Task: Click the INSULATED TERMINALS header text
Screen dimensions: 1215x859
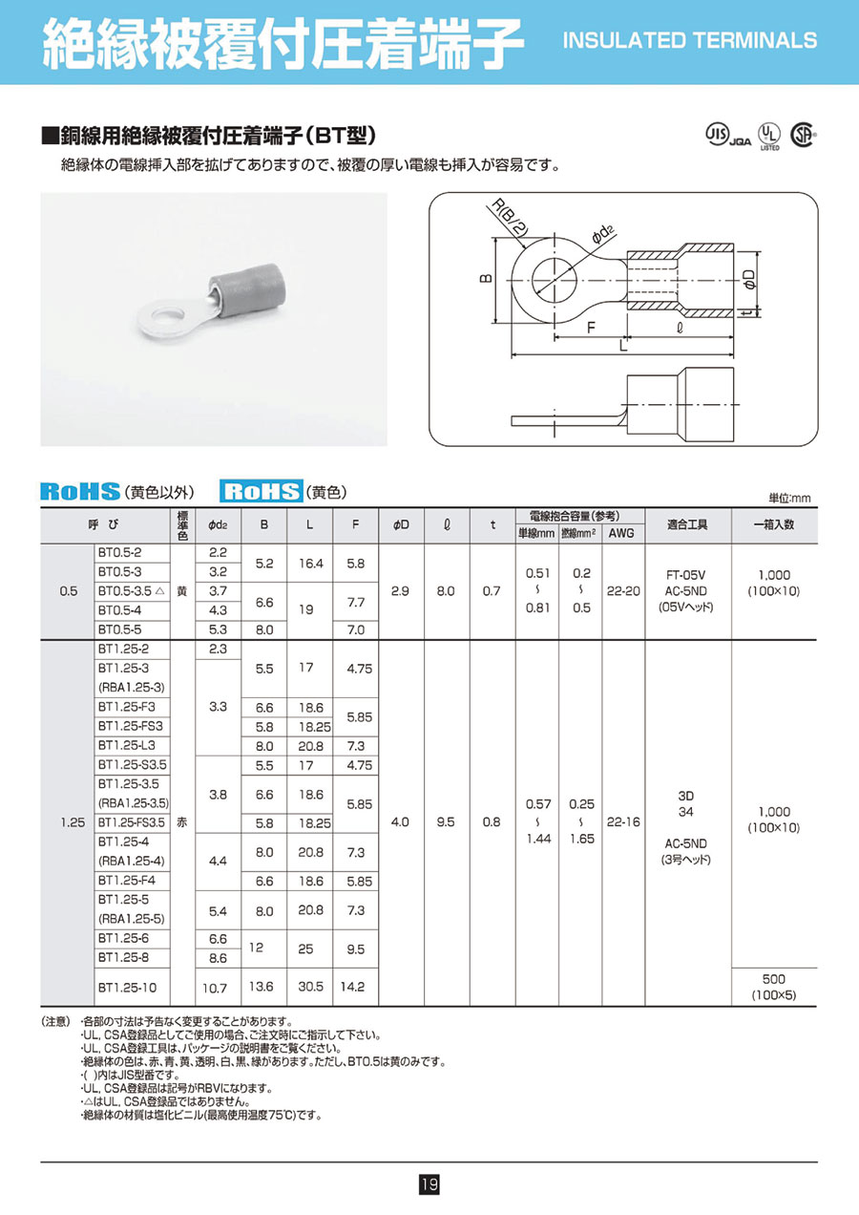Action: tap(690, 41)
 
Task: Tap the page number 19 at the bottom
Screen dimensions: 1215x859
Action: tap(429, 1185)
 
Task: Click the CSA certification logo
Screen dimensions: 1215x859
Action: tap(804, 136)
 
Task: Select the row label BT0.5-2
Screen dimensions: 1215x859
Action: tap(119, 553)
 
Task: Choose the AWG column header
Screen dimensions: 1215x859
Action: tap(623, 534)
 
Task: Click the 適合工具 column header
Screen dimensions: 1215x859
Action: tap(688, 523)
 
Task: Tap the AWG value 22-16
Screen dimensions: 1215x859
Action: tap(623, 821)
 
